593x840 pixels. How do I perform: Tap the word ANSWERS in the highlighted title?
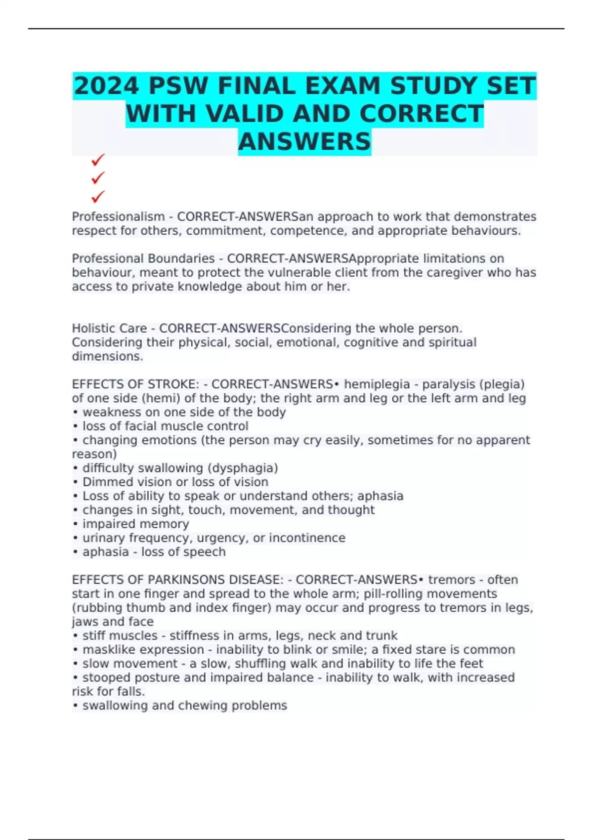click(x=304, y=141)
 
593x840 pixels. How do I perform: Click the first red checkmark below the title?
click(x=98, y=160)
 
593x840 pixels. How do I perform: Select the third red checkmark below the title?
click(x=98, y=197)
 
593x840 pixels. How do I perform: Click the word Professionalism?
click(x=118, y=217)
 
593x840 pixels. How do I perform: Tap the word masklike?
click(x=108, y=649)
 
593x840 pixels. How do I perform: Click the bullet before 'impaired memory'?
click(x=76, y=524)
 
